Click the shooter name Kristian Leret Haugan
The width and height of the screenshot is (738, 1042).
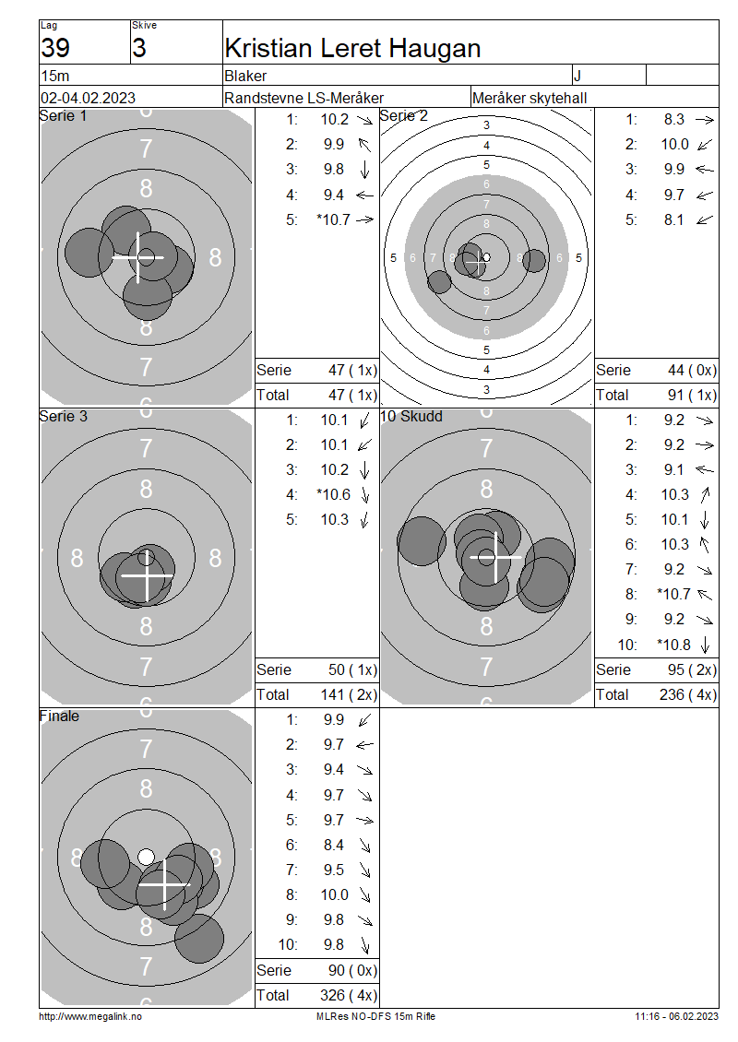352,49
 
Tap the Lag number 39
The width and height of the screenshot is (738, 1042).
55,48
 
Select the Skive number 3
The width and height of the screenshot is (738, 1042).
139,48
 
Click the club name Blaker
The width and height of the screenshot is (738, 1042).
245,76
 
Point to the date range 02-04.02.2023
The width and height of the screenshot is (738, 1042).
88,98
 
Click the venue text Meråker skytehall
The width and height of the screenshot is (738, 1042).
530,99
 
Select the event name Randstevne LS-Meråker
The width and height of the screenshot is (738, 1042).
304,98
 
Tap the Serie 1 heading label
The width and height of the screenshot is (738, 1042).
63,115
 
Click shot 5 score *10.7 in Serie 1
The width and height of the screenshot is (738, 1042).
334,219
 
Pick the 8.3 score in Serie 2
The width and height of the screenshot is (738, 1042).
673,119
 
